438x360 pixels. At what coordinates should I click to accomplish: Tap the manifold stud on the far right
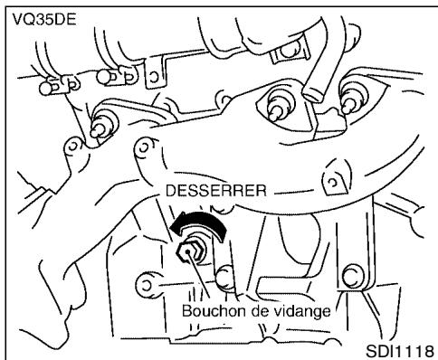pyautogui.click(x=350, y=98)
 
